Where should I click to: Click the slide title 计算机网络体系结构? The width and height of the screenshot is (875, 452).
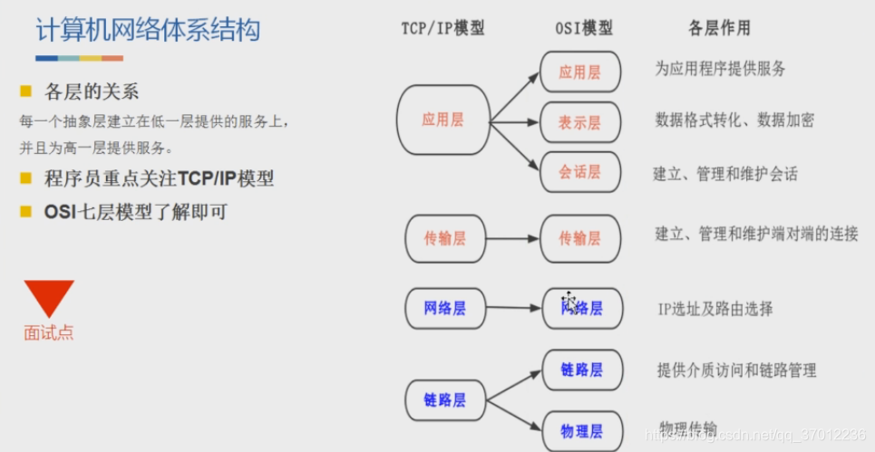point(148,30)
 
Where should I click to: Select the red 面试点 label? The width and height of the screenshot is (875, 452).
point(49,333)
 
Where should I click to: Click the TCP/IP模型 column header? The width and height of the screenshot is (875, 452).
point(442,28)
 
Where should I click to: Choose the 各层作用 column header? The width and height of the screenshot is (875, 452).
point(720,28)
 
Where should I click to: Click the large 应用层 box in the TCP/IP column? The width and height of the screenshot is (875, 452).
point(442,120)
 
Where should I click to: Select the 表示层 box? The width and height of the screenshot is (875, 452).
point(579,122)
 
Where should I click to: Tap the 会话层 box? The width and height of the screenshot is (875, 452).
point(579,172)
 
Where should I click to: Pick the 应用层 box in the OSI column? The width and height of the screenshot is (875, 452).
point(579,72)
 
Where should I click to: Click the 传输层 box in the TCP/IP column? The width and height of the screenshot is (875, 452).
point(444,238)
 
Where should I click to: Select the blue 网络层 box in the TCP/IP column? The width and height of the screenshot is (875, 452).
point(444,308)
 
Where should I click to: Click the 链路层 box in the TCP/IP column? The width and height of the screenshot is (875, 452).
point(444,399)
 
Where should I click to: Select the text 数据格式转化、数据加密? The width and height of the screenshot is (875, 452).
point(734,120)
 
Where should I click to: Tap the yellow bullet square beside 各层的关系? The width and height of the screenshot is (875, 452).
point(26,91)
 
